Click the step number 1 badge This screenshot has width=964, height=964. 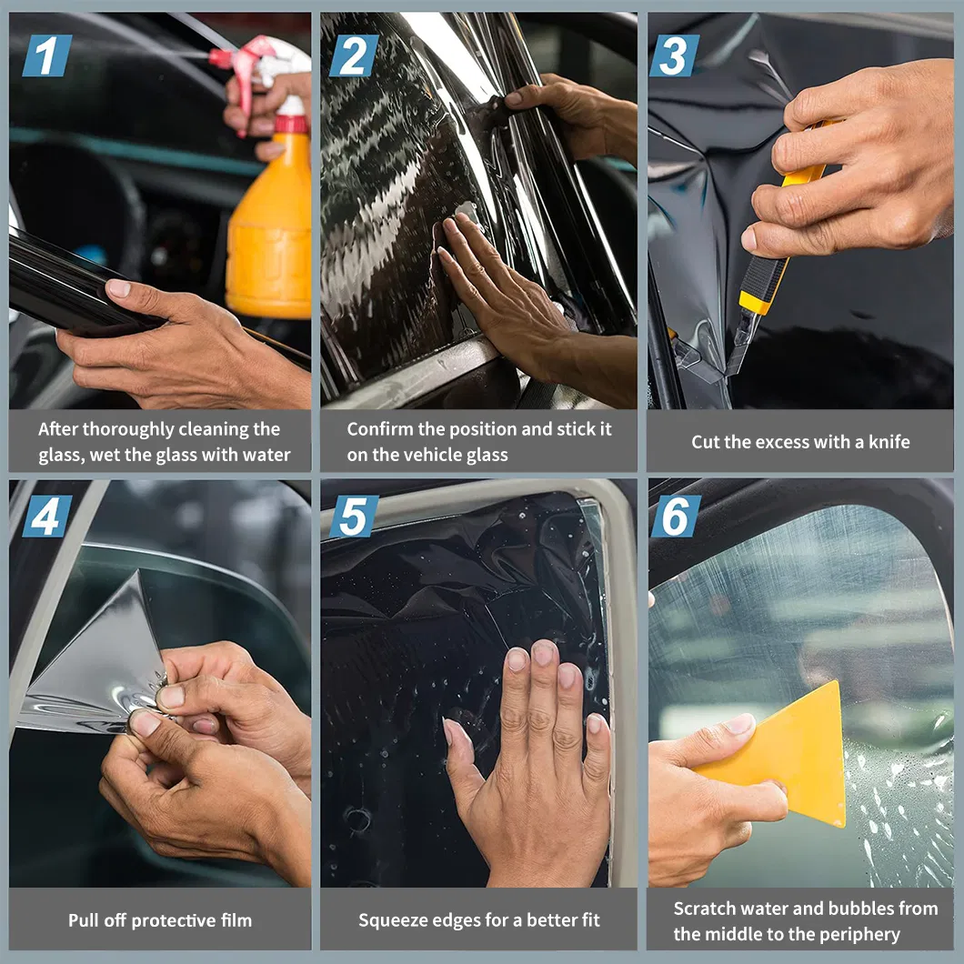tap(47, 56)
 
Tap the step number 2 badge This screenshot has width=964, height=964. tap(354, 56)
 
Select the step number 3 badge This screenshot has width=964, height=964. tap(675, 56)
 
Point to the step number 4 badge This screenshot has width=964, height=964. tap(47, 516)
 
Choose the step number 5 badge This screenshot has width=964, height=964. tap(354, 516)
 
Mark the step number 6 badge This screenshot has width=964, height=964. tap(676, 516)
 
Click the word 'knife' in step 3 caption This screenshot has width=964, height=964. tap(889, 441)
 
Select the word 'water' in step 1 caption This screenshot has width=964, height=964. tap(266, 455)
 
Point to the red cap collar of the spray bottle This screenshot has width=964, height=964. tap(291, 124)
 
